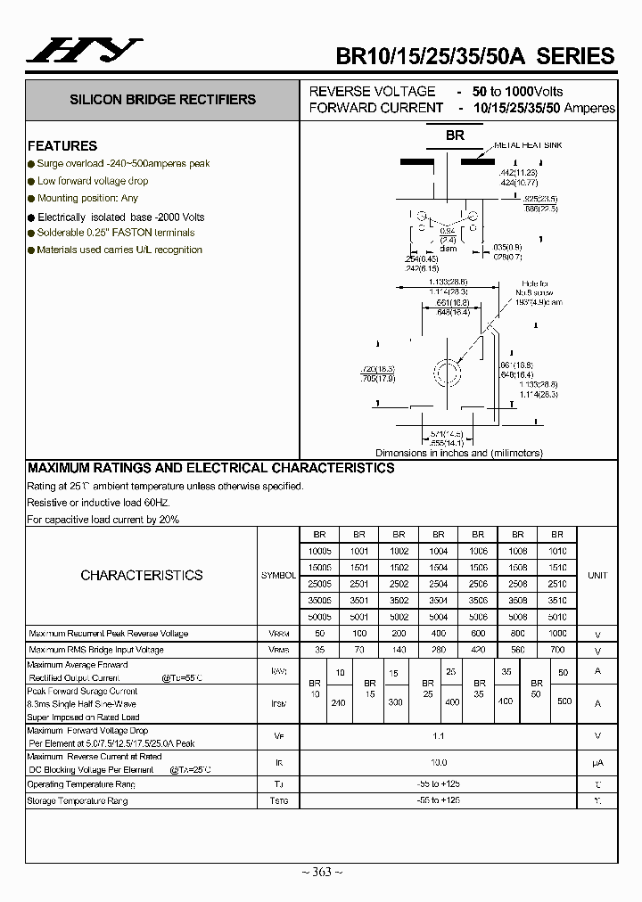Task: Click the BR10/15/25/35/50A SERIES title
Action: coord(474,55)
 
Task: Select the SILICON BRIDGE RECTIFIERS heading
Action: coord(162,100)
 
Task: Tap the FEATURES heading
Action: coord(62,146)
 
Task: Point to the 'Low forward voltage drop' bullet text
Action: coord(93,181)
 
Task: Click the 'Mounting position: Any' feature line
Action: coord(87,198)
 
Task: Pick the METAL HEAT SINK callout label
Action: coord(528,144)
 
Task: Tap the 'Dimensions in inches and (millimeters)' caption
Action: coord(459,453)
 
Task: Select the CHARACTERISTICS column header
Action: coord(142,575)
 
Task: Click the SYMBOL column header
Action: coord(278,576)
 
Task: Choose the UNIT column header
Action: coord(597,576)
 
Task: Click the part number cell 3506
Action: coord(478,601)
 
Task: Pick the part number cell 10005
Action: coord(319,552)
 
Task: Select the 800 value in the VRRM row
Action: coord(518,633)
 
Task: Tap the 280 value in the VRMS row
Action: coord(439,650)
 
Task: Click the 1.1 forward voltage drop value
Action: coord(439,736)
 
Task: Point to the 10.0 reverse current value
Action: coord(439,763)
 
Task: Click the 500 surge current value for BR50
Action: coord(564,701)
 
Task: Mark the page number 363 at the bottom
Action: coord(322,872)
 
